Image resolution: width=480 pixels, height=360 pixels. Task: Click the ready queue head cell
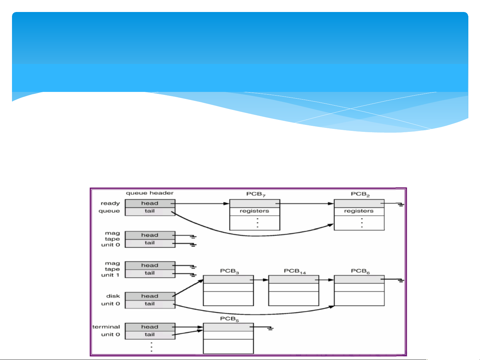[150, 203]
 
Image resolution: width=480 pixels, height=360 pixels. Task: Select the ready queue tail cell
[150, 211]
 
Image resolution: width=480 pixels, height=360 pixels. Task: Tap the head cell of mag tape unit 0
[150, 235]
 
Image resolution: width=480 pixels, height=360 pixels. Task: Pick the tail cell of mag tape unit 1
[150, 273]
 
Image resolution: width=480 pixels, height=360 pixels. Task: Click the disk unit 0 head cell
[150, 296]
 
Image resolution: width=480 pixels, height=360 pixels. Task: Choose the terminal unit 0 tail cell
[150, 335]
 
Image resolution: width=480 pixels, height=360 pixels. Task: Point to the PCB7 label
[255, 194]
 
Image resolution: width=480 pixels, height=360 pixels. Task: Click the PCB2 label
[360, 194]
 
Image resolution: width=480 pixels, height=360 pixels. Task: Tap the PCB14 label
[294, 271]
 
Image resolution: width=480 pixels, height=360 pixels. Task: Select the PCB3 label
[230, 271]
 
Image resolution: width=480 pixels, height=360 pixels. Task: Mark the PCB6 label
[360, 271]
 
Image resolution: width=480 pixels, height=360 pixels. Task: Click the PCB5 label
[230, 319]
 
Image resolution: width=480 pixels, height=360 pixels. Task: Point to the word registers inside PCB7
[254, 211]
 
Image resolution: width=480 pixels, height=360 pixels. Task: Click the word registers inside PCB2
[359, 211]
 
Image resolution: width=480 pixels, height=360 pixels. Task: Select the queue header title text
[150, 193]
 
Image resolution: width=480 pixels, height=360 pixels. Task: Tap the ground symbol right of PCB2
[401, 204]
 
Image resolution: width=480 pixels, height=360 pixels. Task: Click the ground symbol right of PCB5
[270, 328]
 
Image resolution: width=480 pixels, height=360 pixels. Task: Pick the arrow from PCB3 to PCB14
[261, 280]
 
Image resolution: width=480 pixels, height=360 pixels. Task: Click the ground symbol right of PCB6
[401, 281]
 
